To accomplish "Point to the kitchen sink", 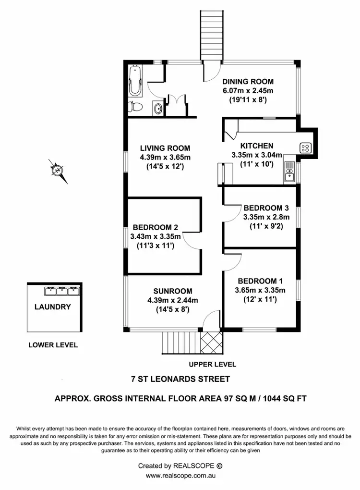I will pyautogui.click(x=289, y=172).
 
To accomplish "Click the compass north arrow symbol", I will pyautogui.click(x=58, y=170).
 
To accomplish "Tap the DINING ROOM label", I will pyautogui.click(x=248, y=82).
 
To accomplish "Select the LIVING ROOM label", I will pyautogui.click(x=165, y=148).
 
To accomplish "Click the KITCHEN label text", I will pyautogui.click(x=257, y=146).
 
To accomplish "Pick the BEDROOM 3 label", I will pyautogui.click(x=266, y=208).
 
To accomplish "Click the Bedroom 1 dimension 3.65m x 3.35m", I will pyautogui.click(x=260, y=290).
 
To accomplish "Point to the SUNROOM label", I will pyautogui.click(x=173, y=291).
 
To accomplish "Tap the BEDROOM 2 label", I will pyautogui.click(x=156, y=227).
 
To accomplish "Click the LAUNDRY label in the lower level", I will pyautogui.click(x=53, y=306).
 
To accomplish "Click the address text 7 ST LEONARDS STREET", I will pyautogui.click(x=180, y=379).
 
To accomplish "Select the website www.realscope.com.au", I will pyautogui.click(x=180, y=476).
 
